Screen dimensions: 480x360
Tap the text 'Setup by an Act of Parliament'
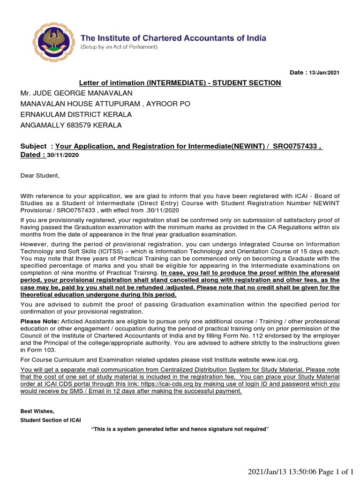click(x=120, y=47)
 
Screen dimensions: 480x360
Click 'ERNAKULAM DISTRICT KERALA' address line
click(x=76, y=114)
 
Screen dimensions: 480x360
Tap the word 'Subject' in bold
click(x=33, y=146)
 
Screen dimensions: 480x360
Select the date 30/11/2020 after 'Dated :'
click(x=60, y=155)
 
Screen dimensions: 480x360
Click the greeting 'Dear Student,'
click(x=40, y=176)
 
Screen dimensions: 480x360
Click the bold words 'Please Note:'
click(x=39, y=321)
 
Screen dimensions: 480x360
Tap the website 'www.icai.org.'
click(x=279, y=360)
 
